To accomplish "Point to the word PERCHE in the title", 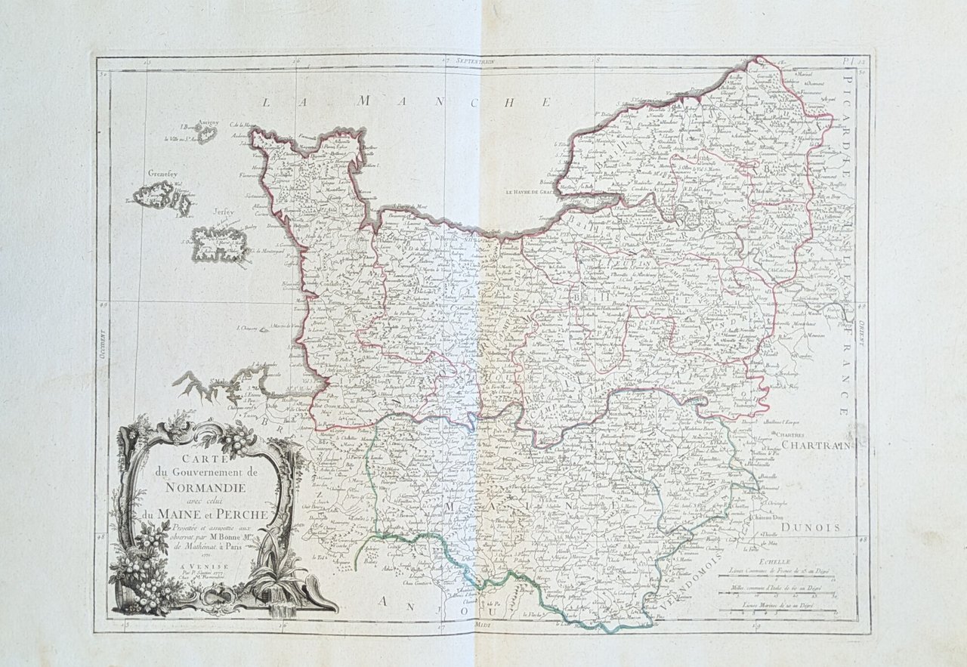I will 241,515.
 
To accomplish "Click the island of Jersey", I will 218,244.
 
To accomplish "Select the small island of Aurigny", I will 205,133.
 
